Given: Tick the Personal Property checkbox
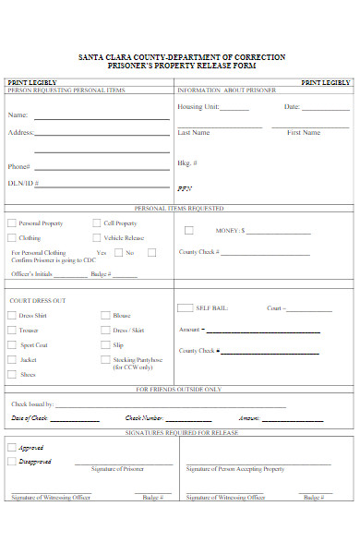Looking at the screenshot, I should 12,223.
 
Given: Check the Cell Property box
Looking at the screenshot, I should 97,223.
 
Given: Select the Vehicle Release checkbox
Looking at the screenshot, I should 97,237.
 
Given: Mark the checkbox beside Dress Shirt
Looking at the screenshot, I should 12,315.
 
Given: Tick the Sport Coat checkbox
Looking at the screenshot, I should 12,344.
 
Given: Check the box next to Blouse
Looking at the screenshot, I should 105,315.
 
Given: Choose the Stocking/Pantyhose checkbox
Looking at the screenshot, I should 105,359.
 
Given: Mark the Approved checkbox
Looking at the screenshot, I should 12,446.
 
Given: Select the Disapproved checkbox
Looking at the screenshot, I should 12,461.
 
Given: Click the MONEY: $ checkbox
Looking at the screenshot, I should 188,230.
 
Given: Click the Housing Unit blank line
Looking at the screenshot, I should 234,110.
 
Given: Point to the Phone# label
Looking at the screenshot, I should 19,167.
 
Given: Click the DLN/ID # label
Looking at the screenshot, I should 21,183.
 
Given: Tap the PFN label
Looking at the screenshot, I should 184,188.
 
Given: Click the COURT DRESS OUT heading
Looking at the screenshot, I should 37,301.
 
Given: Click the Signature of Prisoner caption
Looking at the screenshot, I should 117,469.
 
